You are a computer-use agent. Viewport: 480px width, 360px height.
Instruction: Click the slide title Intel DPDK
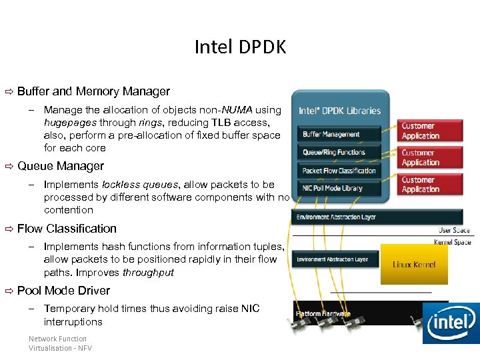240,47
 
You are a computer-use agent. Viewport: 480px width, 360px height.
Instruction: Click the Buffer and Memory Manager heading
93,91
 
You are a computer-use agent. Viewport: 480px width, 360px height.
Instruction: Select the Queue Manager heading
61,166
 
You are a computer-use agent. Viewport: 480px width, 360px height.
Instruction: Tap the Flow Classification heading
67,229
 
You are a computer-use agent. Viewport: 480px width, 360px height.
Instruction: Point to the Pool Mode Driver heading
63,291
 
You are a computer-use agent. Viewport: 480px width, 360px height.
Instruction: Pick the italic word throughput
148,273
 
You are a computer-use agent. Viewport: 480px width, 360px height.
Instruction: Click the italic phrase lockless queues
140,185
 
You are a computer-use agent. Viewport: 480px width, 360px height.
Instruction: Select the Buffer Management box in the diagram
331,134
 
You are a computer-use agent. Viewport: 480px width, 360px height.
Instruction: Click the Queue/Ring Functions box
334,152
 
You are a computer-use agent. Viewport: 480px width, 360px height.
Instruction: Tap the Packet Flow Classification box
339,171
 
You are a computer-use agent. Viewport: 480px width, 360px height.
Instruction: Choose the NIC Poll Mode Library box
333,188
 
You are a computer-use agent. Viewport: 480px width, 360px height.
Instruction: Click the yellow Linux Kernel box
413,265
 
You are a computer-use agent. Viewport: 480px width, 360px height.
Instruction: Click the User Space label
454,231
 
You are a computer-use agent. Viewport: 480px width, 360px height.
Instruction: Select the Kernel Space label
452,242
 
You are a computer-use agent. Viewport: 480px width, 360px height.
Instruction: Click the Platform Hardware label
323,313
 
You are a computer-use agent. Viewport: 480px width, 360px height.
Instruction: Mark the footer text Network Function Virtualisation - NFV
60,343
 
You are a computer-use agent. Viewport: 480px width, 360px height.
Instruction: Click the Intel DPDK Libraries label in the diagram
339,111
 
